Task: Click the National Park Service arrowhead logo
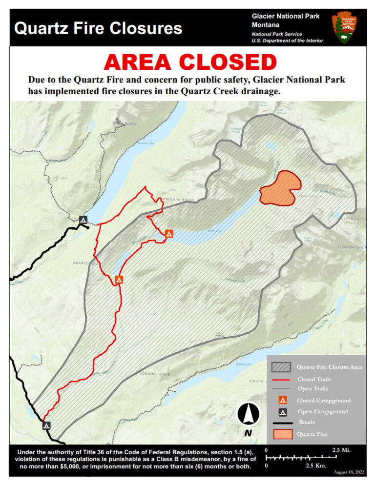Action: pos(345,27)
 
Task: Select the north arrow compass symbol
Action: pos(248,415)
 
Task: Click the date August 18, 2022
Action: pos(349,472)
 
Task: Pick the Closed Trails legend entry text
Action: pos(314,379)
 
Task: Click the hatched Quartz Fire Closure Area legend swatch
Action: pos(281,367)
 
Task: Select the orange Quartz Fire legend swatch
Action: pos(281,434)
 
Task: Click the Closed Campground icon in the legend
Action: pos(282,401)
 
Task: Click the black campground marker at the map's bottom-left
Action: pos(46,425)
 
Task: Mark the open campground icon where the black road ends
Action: pos(83,220)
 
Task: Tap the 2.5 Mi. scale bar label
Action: pos(341,450)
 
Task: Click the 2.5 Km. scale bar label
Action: pos(316,466)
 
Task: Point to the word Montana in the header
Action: pos(266,25)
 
